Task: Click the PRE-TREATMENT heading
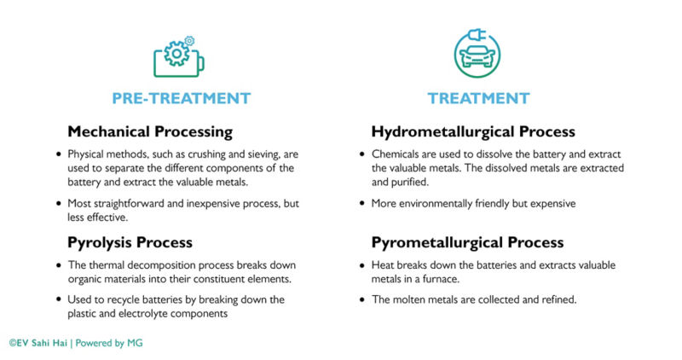click(x=182, y=98)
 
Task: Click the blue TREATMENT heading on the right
click(x=478, y=98)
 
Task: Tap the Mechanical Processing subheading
click(x=150, y=132)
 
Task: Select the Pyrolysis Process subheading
click(x=130, y=242)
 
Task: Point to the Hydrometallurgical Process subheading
click(x=473, y=132)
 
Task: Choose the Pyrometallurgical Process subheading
click(x=467, y=242)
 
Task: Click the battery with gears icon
click(x=179, y=57)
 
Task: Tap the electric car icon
click(x=477, y=53)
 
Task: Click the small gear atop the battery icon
click(x=189, y=41)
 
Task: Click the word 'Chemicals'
click(x=393, y=154)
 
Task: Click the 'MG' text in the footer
click(x=135, y=343)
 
